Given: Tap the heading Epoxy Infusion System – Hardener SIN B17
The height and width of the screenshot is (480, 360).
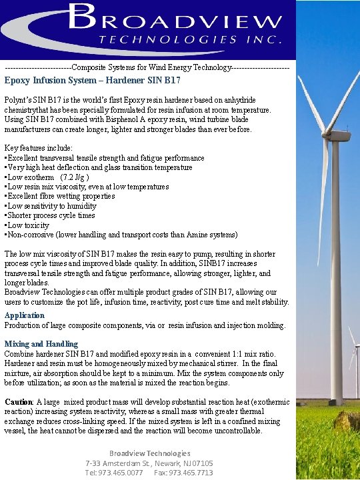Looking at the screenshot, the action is click(x=93, y=81).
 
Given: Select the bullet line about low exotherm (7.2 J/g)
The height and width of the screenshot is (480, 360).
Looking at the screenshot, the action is click(x=47, y=177).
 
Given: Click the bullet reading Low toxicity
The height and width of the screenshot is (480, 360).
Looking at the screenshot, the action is click(x=28, y=225).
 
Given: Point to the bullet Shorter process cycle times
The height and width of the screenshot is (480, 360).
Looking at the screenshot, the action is click(x=50, y=215).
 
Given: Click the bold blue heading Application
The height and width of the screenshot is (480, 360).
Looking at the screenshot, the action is click(x=25, y=315).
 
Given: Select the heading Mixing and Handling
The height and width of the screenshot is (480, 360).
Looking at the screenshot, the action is click(x=41, y=344).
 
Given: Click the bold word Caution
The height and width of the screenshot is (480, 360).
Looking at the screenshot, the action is click(x=19, y=402).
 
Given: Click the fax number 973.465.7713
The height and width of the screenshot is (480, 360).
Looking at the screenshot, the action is click(x=193, y=472).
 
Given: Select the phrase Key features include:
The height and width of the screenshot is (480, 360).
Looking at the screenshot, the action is click(x=39, y=148).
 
